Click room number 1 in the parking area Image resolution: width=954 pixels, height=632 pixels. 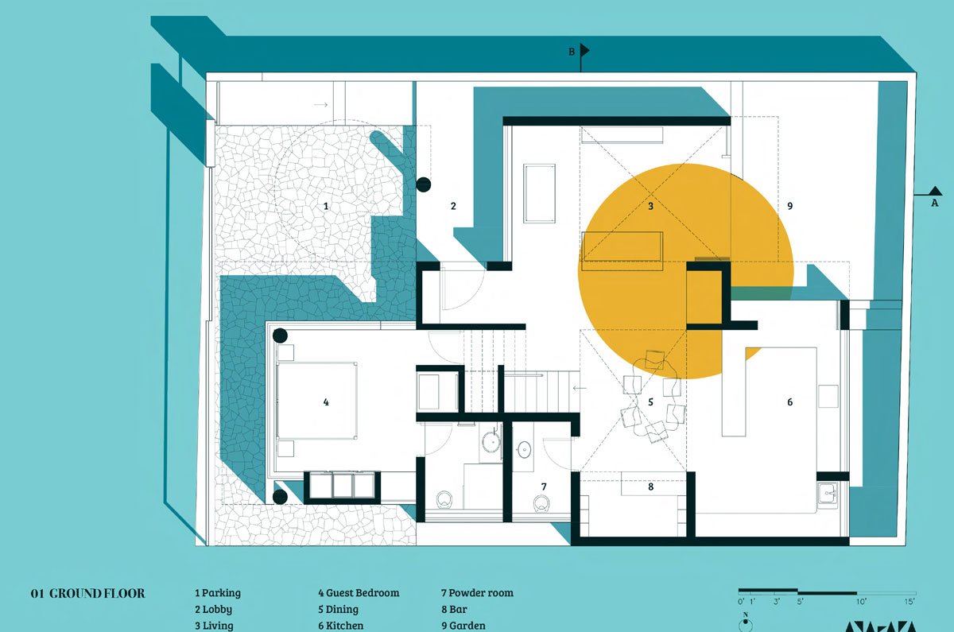coord(326,206)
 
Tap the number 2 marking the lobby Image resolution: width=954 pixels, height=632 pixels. coord(453,206)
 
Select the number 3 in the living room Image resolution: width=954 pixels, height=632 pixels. coord(650,206)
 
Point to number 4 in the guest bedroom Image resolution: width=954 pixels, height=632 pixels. coord(326,402)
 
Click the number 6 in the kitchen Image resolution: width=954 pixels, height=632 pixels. coord(789,402)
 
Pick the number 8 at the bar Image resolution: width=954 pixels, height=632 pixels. coord(650,487)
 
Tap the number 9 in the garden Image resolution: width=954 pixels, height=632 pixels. coord(789,206)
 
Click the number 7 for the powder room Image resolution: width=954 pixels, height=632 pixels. coord(544,486)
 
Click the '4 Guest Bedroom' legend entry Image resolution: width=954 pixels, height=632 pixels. coord(359,593)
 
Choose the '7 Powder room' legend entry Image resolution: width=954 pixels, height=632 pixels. coord(477,593)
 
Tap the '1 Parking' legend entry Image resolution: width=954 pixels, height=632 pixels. coord(218,593)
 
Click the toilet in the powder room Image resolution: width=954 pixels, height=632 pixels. coord(542,502)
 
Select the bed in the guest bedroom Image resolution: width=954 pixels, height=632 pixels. coord(316,401)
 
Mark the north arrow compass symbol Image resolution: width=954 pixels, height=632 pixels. coord(745,623)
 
